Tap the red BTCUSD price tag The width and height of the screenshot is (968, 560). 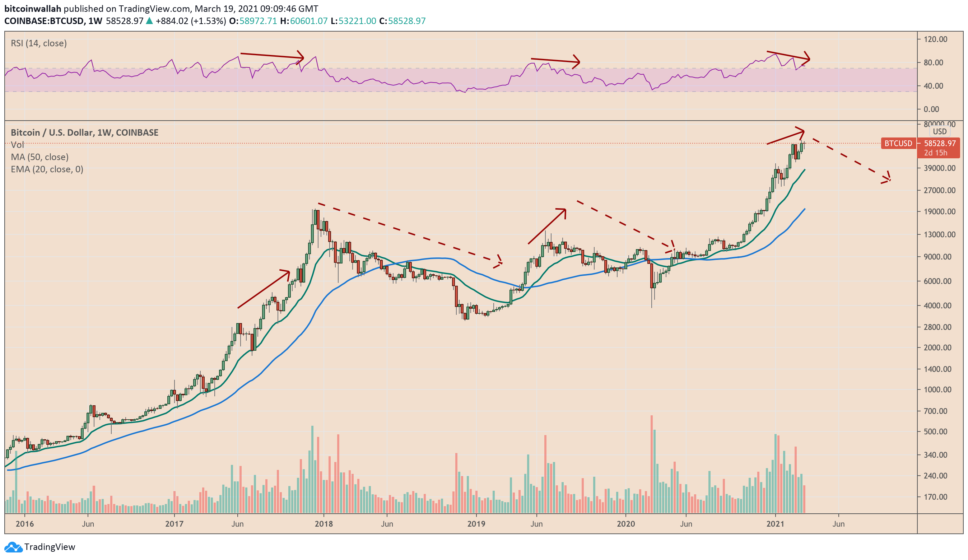tap(898, 144)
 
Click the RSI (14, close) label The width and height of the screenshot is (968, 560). tap(39, 43)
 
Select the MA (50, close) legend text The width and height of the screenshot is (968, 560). tap(39, 157)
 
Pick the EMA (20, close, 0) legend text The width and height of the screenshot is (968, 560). tap(47, 169)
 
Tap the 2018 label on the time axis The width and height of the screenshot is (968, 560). tap(324, 524)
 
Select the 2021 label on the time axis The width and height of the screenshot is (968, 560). tap(775, 524)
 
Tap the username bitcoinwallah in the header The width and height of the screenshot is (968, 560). tap(33, 9)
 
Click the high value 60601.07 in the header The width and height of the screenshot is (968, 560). tap(309, 21)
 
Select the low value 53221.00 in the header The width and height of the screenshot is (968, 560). tap(357, 21)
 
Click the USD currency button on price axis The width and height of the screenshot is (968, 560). tap(940, 131)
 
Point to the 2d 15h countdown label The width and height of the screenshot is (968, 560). tap(935, 153)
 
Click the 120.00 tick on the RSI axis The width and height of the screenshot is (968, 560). tap(935, 39)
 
